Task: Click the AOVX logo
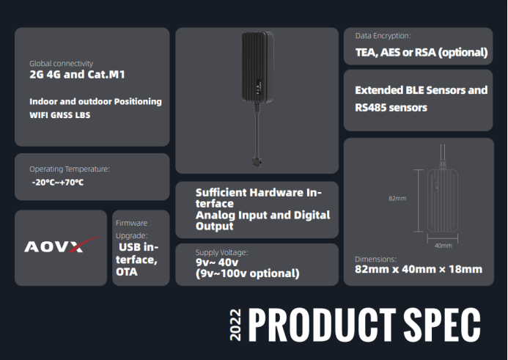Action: click(62, 246)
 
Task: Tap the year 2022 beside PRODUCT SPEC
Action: click(235, 325)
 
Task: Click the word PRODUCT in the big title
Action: click(322, 324)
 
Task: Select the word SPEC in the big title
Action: click(442, 324)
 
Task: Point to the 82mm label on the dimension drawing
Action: click(397, 198)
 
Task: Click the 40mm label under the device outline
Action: click(443, 246)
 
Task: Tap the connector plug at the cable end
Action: click(257, 162)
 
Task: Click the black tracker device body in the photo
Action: click(257, 66)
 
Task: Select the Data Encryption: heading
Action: click(383, 36)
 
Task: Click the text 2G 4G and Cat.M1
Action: click(77, 75)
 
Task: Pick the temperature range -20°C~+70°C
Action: click(58, 183)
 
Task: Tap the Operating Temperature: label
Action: click(70, 169)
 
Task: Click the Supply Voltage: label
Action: click(221, 252)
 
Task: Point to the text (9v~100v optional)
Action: click(248, 273)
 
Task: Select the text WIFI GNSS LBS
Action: click(60, 115)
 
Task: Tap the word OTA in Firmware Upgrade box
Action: click(127, 272)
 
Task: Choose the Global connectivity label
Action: click(62, 64)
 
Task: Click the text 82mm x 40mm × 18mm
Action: click(419, 269)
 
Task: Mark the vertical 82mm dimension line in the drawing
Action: click(419, 201)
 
